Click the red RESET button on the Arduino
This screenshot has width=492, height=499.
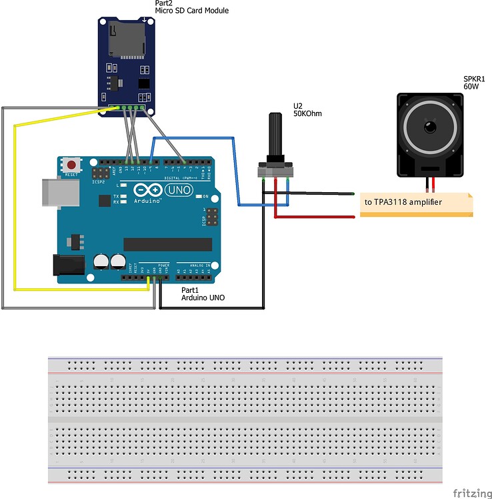[x=71, y=164]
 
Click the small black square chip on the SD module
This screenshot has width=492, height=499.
[x=143, y=83]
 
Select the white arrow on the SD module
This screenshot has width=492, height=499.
[x=145, y=23]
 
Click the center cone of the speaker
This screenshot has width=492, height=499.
[x=430, y=126]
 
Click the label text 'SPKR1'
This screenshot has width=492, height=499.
[x=474, y=79]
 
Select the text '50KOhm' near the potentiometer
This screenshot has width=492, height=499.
[x=307, y=113]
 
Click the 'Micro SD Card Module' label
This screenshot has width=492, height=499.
[x=192, y=11]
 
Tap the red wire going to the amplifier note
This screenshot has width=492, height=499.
[x=313, y=216]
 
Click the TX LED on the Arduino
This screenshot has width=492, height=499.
[x=117, y=196]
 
